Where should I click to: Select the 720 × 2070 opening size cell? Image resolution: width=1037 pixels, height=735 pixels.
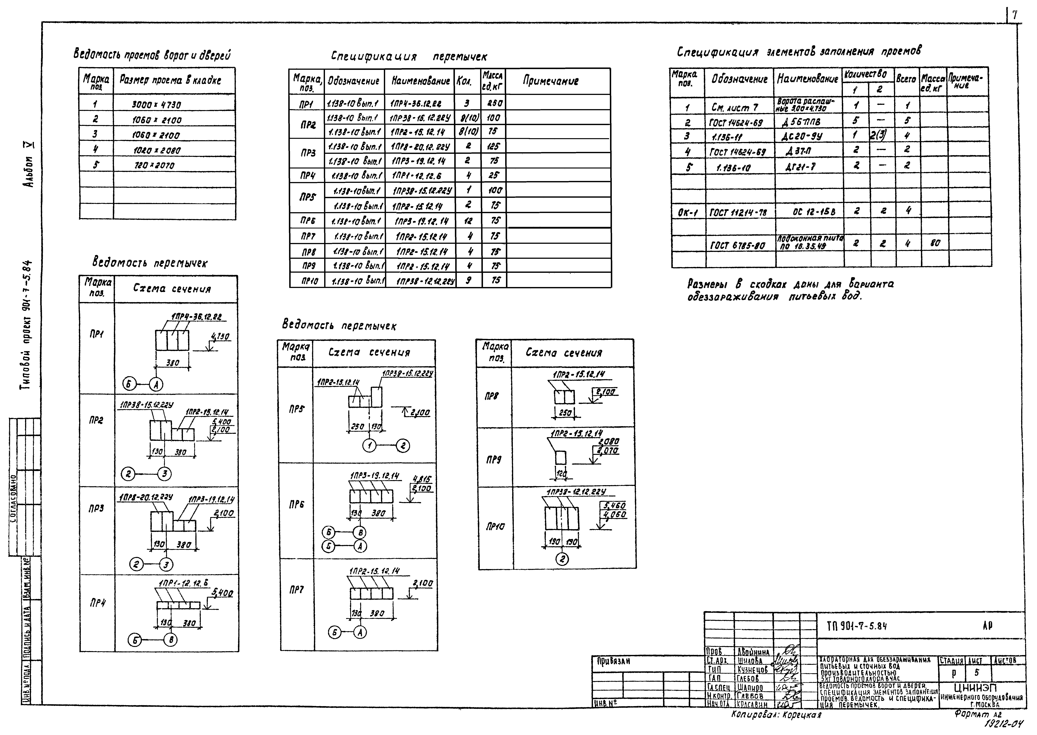pos(154,166)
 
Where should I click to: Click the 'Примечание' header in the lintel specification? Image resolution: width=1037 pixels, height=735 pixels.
pos(551,81)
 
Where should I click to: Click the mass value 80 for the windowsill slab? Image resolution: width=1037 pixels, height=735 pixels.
pos(935,243)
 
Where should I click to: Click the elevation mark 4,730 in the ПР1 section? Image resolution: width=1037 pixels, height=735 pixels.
pos(221,337)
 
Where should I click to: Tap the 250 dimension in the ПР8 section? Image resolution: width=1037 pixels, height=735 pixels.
pos(565,413)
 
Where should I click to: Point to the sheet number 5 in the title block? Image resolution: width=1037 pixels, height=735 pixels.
pos(977,673)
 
